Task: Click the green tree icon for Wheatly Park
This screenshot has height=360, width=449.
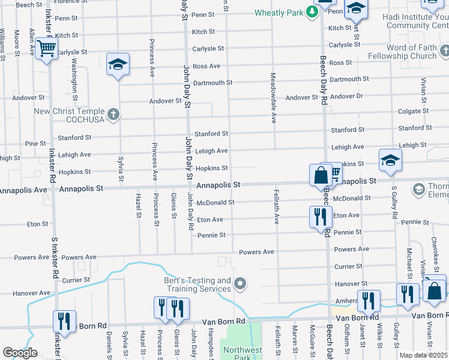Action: (312, 12)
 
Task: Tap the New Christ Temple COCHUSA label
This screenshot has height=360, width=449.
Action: (68, 115)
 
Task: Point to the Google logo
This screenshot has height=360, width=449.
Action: (20, 353)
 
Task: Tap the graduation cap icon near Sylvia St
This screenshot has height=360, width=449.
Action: (118, 64)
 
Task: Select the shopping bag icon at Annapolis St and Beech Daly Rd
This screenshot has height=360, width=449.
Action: (321, 175)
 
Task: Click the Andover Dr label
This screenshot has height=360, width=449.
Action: (346, 96)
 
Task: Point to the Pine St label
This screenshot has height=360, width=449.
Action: (35, 143)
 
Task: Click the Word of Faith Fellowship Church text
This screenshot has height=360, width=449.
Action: (411, 52)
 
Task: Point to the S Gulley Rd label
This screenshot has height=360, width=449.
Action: (394, 206)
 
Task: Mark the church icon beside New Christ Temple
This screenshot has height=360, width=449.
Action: (113, 113)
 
